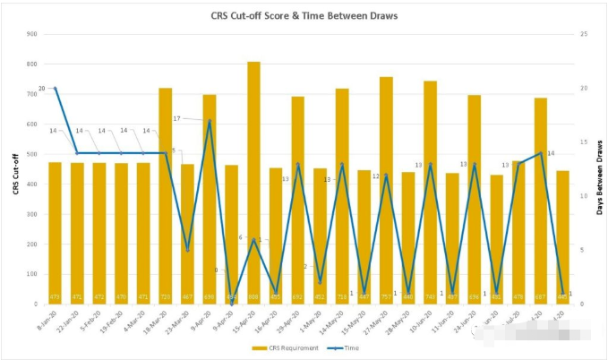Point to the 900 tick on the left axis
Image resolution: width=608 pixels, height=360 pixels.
[31, 34]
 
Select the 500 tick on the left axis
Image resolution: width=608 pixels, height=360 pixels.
[31, 154]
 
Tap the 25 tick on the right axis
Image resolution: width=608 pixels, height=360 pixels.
[584, 34]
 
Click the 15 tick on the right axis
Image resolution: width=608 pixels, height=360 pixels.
[584, 142]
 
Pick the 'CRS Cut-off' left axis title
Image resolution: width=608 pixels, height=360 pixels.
[15, 170]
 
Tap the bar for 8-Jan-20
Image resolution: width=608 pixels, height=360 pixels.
[56, 233]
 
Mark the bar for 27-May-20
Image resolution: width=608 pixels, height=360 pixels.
[386, 188]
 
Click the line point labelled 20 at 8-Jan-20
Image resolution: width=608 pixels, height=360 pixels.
[56, 88]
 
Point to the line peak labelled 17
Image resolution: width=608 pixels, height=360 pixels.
[210, 121]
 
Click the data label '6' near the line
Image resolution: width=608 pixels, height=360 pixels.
[240, 237]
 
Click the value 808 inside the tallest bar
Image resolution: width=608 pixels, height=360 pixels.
[253, 297]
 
